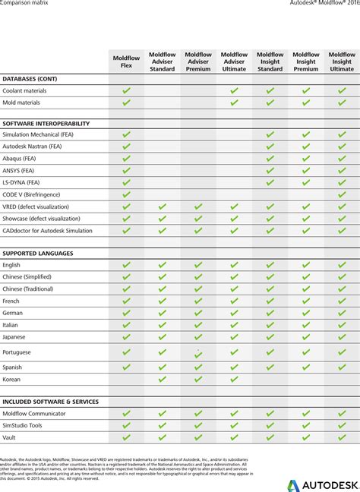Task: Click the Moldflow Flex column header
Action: (x=126, y=61)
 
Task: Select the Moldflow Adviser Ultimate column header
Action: (x=234, y=61)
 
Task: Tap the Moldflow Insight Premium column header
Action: (x=306, y=61)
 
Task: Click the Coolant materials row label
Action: (x=24, y=91)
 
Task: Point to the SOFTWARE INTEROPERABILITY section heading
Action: (x=46, y=123)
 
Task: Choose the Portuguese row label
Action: (x=17, y=352)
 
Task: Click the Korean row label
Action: (x=11, y=379)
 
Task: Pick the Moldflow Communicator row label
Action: (x=34, y=414)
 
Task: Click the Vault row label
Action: (x=10, y=437)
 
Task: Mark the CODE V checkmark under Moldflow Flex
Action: (x=126, y=194)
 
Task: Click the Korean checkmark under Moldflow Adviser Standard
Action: (x=162, y=379)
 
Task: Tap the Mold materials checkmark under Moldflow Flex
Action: (x=126, y=102)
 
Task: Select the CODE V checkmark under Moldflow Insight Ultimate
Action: (x=342, y=194)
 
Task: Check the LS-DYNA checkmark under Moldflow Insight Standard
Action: (x=270, y=182)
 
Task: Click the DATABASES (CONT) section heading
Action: (x=30, y=79)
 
